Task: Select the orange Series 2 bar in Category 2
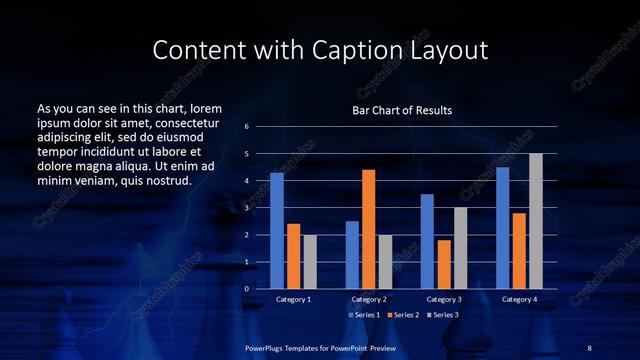pyautogui.click(x=368, y=228)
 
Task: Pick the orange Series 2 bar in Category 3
pyautogui.click(x=444, y=264)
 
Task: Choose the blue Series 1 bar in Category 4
pyautogui.click(x=503, y=227)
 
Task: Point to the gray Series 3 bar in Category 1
pyautogui.click(x=310, y=261)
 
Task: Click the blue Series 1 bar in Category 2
pyautogui.click(x=352, y=254)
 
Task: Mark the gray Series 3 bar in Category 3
pyautogui.click(x=460, y=247)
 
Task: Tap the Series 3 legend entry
pyautogui.click(x=443, y=315)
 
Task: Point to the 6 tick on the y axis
pyautogui.click(x=247, y=127)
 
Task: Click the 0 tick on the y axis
pyautogui.click(x=247, y=288)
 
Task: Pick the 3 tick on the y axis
pyautogui.click(x=247, y=208)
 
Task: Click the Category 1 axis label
pyautogui.click(x=293, y=299)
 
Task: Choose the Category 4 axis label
pyautogui.click(x=519, y=299)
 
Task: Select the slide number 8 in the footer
pyautogui.click(x=589, y=346)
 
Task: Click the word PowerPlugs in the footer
pyautogui.click(x=268, y=346)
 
